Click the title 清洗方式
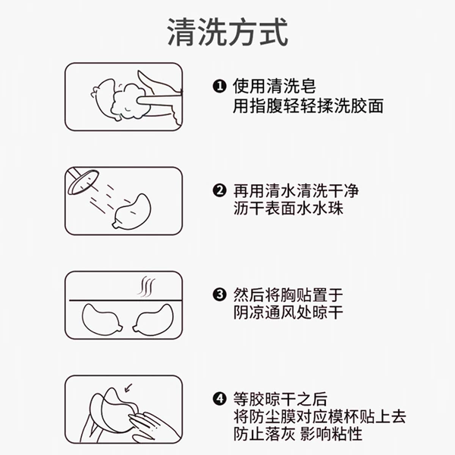pos(227,32)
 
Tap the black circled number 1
pos(219,86)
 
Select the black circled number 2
pos(219,190)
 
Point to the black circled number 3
pos(219,295)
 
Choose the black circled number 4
pos(219,399)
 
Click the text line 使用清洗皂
pos(275,86)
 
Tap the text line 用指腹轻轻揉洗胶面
pos(308,105)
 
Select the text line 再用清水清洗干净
pos(296,190)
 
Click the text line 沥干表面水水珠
pos(288,209)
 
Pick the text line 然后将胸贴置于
pos(288,295)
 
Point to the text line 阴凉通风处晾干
pos(288,312)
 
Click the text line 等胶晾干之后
pos(281,399)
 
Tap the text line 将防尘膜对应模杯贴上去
pos(319,416)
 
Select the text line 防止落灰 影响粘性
pos(298,434)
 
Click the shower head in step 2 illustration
pos(83,182)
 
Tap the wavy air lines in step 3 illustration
pos(146,287)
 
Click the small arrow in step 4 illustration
pos(128,388)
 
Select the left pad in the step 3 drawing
pos(102,319)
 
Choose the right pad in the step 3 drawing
pos(153,319)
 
